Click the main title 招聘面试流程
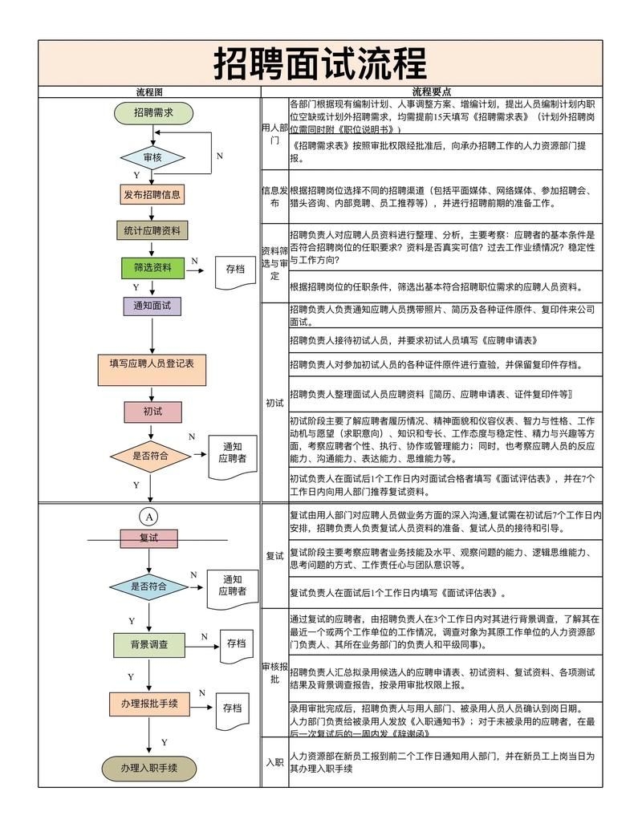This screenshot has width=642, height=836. click(320, 63)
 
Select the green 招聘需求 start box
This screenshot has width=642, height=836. click(153, 113)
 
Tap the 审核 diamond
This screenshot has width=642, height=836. click(152, 157)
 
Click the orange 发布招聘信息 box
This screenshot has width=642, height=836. click(152, 194)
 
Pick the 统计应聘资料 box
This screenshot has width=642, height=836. click(152, 231)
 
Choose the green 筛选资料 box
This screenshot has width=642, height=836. click(152, 268)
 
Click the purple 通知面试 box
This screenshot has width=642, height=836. click(152, 306)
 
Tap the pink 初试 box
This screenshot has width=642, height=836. click(152, 412)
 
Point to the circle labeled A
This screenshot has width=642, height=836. click(148, 516)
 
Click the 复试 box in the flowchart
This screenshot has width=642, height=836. click(148, 538)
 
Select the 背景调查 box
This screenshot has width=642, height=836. click(148, 644)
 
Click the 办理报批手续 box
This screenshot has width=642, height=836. click(148, 704)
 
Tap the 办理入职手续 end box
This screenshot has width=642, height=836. click(148, 768)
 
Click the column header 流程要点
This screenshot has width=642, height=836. click(431, 92)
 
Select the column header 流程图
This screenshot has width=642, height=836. click(149, 92)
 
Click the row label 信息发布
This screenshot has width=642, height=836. click(274, 197)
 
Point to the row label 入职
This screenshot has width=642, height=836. click(274, 762)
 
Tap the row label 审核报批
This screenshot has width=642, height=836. click(274, 672)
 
